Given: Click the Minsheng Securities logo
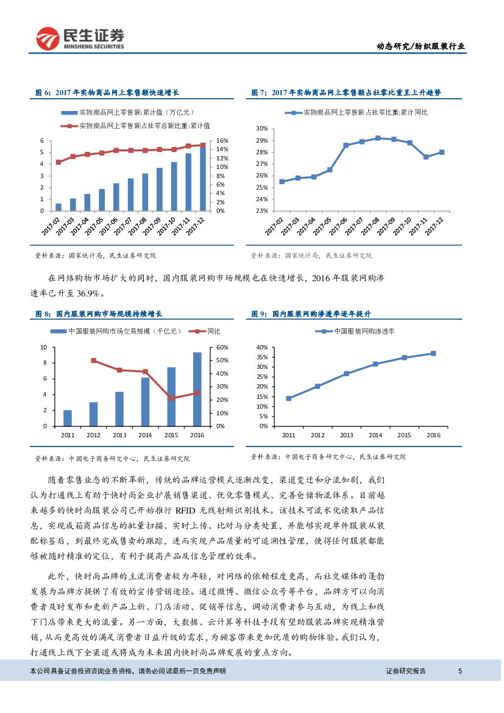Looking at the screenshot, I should click(x=80, y=38).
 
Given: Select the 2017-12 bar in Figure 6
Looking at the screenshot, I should click(x=203, y=177).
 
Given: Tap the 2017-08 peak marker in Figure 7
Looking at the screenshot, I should click(x=378, y=138).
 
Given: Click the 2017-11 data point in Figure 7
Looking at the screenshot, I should click(x=426, y=157).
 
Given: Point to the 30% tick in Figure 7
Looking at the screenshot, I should click(x=262, y=129).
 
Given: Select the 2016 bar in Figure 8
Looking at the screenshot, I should click(x=197, y=389).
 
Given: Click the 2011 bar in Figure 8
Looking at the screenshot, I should click(x=68, y=418).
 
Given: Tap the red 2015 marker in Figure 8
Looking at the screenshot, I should click(x=171, y=398).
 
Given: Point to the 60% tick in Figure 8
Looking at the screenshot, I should click(x=222, y=347).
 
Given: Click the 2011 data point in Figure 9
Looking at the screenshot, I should click(x=289, y=398).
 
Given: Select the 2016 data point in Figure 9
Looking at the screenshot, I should click(x=433, y=353).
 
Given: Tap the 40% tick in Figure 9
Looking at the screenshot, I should click(x=263, y=347).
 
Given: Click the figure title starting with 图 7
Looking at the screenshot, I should click(x=346, y=93).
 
